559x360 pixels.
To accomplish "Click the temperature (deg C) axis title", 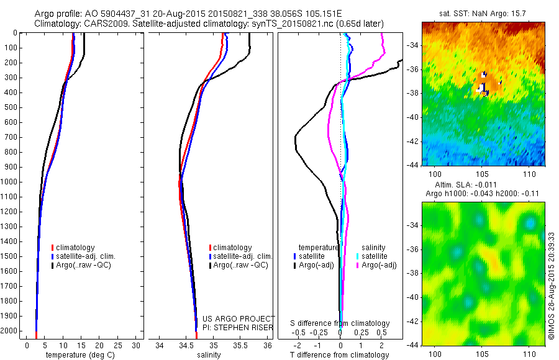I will pyautogui.click(x=78, y=355).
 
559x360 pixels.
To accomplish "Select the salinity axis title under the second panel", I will pyautogui.click(x=209, y=355).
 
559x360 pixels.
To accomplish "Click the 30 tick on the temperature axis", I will pyautogui.click(x=136, y=345).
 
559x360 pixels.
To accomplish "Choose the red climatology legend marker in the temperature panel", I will pyautogui.click(x=53, y=248).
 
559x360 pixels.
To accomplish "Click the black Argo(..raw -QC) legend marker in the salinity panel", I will pyautogui.click(x=211, y=265).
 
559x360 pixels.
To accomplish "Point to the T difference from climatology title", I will pyautogui.click(x=340, y=355).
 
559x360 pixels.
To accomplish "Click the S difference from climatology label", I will pyautogui.click(x=340, y=323).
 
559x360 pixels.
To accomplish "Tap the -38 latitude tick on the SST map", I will pyautogui.click(x=414, y=93).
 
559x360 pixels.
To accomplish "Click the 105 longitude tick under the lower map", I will pyautogui.click(x=483, y=353).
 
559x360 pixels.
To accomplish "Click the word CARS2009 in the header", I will pyautogui.click(x=100, y=24).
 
